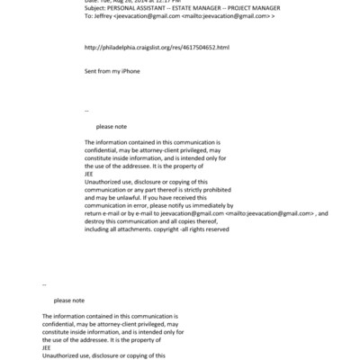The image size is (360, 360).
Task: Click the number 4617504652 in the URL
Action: [180, 48]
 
